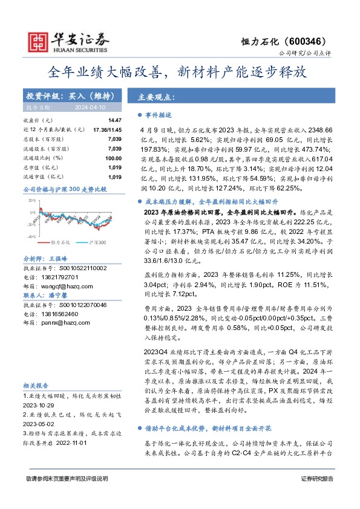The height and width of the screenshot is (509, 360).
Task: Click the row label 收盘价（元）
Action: click(38, 121)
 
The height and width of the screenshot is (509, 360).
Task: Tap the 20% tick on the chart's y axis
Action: click(30, 200)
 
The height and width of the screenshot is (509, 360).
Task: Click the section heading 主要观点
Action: click(156, 97)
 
